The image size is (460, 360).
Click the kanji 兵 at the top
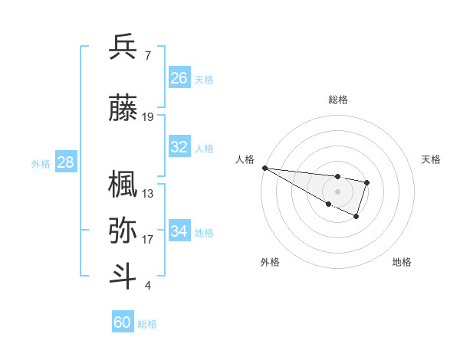tap(123, 47)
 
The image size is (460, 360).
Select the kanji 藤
tap(123, 110)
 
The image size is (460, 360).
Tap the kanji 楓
tap(123, 185)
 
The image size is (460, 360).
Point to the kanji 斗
tap(123, 277)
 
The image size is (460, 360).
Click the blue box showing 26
tap(179, 78)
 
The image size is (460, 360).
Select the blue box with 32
tap(179, 147)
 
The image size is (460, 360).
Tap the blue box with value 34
tap(179, 231)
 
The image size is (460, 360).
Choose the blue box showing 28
tap(65, 162)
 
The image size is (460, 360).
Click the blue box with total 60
tap(123, 322)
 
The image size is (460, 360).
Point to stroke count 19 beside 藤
tap(148, 117)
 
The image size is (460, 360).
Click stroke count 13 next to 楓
tap(148, 194)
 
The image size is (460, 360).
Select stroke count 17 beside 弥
tap(148, 240)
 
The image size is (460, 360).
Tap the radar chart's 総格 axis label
tap(338, 100)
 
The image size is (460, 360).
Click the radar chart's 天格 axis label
tap(432, 159)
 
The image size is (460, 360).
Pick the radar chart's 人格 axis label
tap(245, 159)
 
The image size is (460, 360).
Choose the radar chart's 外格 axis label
tap(269, 262)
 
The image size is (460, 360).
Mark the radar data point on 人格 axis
tap(264, 168)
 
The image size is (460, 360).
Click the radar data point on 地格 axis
tap(356, 217)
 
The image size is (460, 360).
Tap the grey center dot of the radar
tap(338, 191)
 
